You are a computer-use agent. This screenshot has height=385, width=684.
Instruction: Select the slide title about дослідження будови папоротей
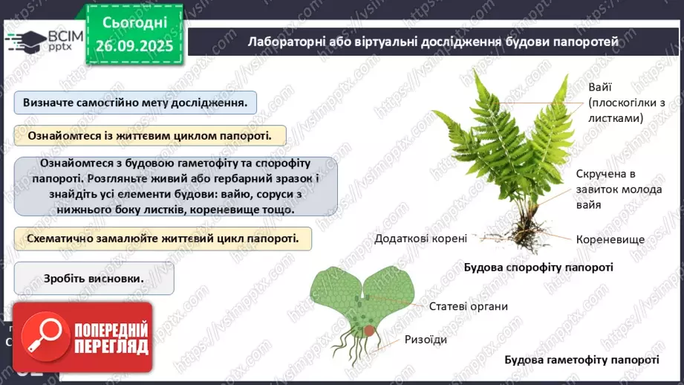click(432, 42)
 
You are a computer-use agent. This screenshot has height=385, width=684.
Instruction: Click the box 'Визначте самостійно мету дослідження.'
click(135, 103)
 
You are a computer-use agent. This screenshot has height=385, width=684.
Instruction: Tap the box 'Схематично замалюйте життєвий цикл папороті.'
click(162, 239)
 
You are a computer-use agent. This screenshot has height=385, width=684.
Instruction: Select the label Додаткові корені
click(421, 239)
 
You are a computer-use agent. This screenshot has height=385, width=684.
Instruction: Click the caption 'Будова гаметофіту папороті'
click(582, 360)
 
